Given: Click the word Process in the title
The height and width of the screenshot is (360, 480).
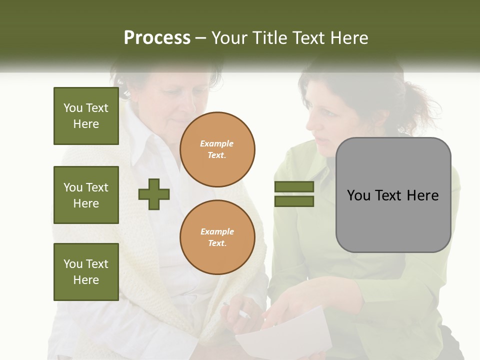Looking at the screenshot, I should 157,38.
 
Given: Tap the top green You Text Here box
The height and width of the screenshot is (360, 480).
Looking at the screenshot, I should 86,116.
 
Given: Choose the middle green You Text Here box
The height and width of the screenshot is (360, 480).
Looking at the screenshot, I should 86,195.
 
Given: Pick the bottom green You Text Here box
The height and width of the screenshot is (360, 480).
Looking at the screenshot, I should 86,271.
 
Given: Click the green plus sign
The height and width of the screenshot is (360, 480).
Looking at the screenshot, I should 154,193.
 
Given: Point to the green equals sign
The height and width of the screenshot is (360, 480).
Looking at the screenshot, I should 294,194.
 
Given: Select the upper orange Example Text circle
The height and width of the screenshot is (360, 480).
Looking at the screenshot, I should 217,149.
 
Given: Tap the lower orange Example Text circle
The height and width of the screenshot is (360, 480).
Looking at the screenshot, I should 217,237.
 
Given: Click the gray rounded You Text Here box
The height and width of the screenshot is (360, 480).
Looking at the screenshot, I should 393,195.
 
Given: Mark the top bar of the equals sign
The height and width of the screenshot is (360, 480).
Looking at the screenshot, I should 294,187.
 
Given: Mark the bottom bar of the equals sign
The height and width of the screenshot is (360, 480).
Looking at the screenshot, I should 294,201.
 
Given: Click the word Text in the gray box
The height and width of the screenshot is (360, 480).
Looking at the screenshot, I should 391,195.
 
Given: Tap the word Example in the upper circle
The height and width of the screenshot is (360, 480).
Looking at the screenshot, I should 216,143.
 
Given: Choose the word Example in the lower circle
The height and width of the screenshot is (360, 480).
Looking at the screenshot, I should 217,231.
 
